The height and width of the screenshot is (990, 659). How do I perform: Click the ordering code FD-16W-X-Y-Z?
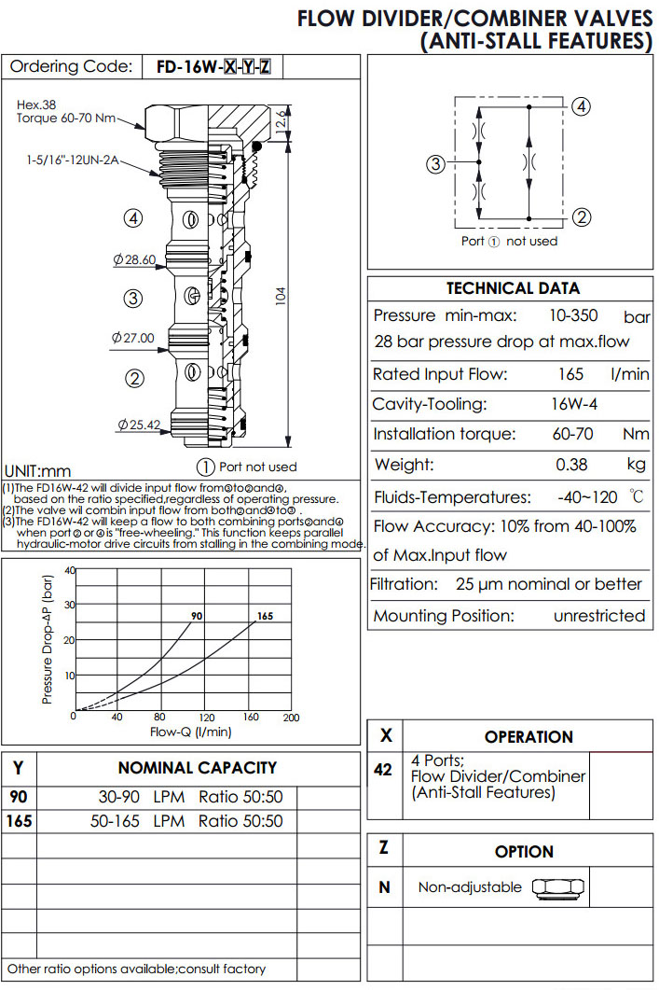pos(213,67)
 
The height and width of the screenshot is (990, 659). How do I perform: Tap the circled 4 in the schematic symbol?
pos(581,106)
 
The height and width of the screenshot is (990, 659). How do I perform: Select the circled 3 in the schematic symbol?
pos(435,166)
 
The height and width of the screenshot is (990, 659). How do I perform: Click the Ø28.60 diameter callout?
pos(133,259)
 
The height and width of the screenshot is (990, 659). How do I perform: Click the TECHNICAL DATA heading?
pos(512,288)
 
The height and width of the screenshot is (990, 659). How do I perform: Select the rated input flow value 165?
pos(570,374)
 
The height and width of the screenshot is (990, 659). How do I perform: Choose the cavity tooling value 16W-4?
pos(575,405)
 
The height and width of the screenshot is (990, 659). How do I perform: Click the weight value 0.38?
pos(571,465)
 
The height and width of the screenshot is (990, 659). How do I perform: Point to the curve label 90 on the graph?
pos(197,617)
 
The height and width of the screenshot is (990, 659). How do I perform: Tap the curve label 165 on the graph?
pos(265,616)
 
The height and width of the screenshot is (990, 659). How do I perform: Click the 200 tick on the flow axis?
pos(290,718)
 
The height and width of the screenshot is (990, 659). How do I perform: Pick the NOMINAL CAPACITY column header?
pos(197,768)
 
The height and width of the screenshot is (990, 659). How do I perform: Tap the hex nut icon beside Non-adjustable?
pos(558,887)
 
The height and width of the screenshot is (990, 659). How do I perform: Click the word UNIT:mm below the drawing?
pos(37,471)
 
